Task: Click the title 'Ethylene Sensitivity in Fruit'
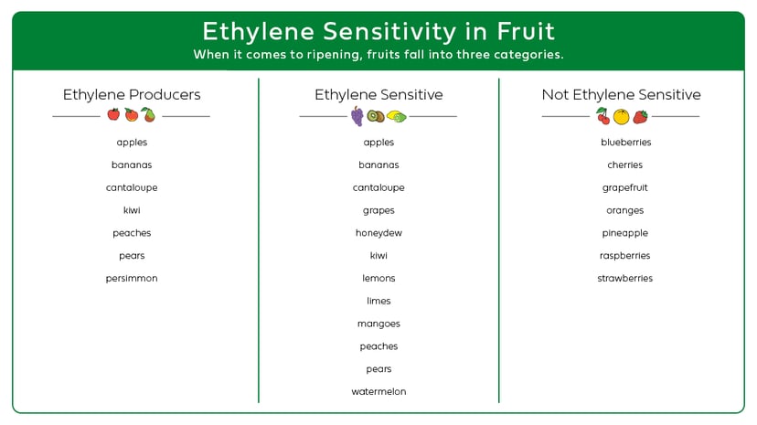coord(378,31)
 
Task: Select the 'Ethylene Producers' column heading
coord(132,95)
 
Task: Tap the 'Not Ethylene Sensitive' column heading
coord(621,95)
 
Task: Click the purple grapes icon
coord(357,116)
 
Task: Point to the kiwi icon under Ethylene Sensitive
coord(375,116)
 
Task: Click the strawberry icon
coord(640,116)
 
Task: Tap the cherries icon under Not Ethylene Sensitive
coord(602,116)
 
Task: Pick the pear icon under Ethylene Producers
coord(148,115)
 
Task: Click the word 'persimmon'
coord(132,279)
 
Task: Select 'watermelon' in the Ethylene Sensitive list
coord(378,392)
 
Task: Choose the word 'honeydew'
coord(378,233)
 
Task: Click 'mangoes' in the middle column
coord(378,324)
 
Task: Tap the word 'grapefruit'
coord(625,188)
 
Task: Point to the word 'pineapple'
coord(625,233)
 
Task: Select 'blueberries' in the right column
coord(625,143)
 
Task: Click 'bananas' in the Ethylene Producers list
coord(132,165)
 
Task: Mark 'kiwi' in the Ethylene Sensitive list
coord(378,256)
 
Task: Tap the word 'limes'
coord(378,302)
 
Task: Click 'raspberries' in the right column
coord(625,256)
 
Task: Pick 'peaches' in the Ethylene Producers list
coord(132,233)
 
